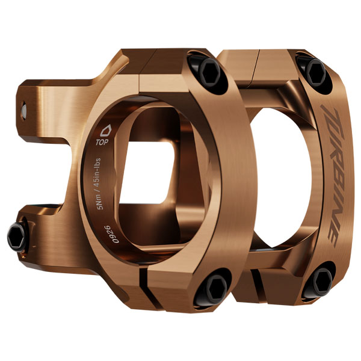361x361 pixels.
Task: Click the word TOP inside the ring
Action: pos(102,143)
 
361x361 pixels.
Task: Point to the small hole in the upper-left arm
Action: pos(23,110)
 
